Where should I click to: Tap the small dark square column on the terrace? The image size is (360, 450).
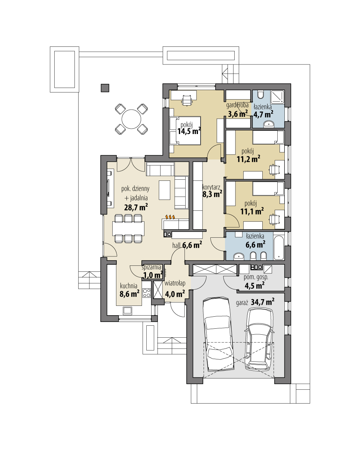tap(105, 88)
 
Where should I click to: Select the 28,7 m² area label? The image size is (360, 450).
tap(135, 208)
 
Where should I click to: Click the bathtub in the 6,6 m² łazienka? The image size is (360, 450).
tap(278, 247)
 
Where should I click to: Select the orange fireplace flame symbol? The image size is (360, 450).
tap(170, 217)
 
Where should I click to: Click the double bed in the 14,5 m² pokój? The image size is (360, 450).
tap(185, 130)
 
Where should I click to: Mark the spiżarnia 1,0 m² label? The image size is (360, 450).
tap(152, 272)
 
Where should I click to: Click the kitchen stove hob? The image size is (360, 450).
tap(146, 293)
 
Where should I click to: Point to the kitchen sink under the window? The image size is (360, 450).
tap(128, 310)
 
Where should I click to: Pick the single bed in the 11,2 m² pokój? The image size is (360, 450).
tap(268, 137)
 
